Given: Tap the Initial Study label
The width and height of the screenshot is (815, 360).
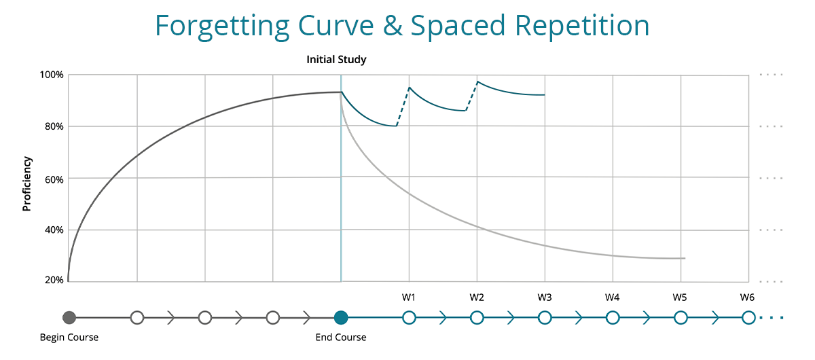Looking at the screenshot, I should pos(336,60).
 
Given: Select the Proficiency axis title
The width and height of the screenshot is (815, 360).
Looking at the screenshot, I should pos(27,183).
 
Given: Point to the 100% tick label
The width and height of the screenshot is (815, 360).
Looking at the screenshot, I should pos(51,75).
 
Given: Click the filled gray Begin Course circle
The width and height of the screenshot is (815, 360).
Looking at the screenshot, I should pos(69,317).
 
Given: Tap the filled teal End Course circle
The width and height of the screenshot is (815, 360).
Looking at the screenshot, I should pos(341,317).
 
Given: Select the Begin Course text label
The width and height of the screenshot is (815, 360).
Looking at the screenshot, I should pos(69,338).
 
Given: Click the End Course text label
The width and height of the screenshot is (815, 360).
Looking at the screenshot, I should pos(341,338).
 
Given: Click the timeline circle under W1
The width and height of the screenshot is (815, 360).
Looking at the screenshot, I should pos(409,317).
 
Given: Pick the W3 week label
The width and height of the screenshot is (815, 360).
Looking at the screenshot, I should pos(544,298).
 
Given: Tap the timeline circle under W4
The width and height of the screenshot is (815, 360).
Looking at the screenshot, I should pos(613,317).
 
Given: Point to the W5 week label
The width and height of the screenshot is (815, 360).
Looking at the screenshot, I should pos(680,298).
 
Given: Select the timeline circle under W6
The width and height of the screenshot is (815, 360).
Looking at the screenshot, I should pos(748,317).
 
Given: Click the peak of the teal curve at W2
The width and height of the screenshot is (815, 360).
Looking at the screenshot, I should pos(477,82).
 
